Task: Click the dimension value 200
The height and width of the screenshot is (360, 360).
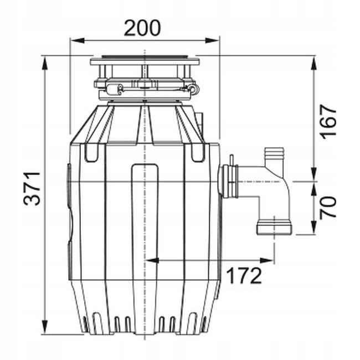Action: [142, 28]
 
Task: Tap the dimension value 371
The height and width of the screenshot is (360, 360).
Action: [33, 188]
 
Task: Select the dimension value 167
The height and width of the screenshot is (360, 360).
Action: [328, 120]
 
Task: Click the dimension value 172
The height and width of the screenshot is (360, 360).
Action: [244, 275]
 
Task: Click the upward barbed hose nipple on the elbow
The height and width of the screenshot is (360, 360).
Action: [272, 158]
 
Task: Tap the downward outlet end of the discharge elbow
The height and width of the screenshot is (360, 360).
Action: [274, 227]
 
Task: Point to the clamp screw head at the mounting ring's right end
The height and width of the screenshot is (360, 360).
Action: [193, 88]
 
